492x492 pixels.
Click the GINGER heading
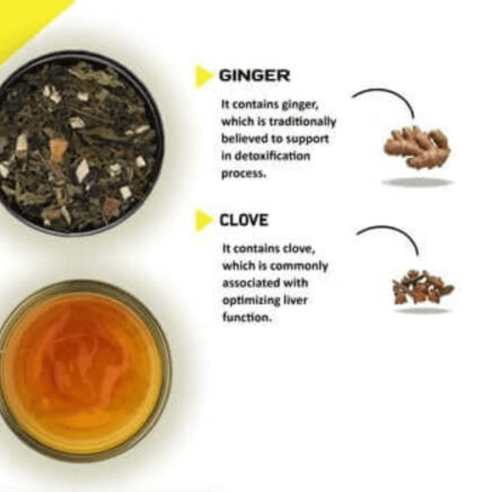coord(254,76)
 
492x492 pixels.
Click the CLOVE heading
coord(244,220)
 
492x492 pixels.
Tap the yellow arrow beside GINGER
coord(203,76)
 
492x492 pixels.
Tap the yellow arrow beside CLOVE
coord(203,221)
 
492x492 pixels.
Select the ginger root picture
coord(417,147)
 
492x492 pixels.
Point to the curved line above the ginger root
coord(385,97)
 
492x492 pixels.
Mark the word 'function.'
coord(247,318)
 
